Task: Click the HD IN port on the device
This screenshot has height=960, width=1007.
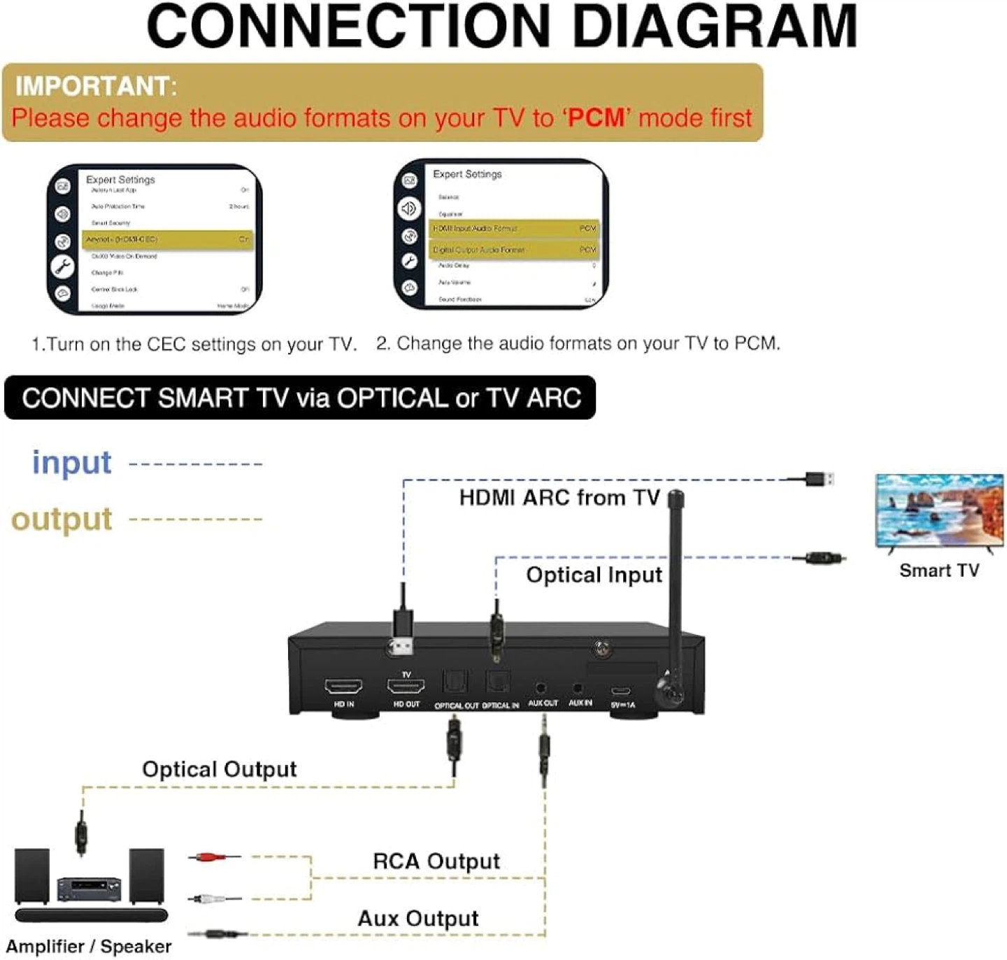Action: (343, 687)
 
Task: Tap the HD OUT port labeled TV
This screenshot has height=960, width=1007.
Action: (406, 687)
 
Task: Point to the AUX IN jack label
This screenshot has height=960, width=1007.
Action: (580, 703)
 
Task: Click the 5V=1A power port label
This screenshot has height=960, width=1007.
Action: (623, 705)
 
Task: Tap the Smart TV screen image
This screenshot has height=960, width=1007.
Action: (939, 510)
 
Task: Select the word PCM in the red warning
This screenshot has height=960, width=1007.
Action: (596, 117)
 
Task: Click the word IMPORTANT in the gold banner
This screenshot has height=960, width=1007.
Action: (92, 86)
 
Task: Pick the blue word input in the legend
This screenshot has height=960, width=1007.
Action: (72, 463)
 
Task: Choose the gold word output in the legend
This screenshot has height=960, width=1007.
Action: (62, 520)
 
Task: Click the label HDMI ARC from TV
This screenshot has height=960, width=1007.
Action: (559, 498)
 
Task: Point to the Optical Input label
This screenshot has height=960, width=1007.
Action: (594, 575)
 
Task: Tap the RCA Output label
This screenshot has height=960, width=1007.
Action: (436, 861)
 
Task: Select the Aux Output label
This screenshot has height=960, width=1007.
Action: (418, 918)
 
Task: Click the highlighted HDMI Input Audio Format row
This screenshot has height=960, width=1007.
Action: (514, 229)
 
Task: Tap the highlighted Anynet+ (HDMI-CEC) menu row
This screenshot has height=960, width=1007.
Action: (167, 239)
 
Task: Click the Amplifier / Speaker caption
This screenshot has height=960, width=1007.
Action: (89, 946)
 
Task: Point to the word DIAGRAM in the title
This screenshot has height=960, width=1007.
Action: (714, 27)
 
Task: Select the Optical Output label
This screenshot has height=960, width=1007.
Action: (220, 769)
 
